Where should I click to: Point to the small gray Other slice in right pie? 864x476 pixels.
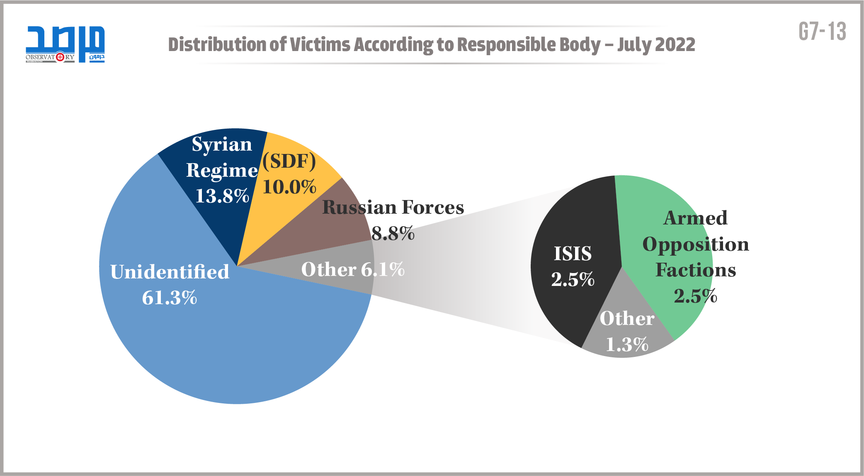(x=626, y=332)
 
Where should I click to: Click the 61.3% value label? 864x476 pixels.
(x=170, y=298)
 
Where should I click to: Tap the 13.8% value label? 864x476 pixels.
(x=222, y=196)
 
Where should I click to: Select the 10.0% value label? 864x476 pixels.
(x=289, y=187)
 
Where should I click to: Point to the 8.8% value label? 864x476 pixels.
(x=393, y=234)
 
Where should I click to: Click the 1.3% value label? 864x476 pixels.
(x=627, y=344)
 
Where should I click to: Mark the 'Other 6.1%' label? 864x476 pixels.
(x=353, y=269)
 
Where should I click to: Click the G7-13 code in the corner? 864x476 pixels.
(x=822, y=32)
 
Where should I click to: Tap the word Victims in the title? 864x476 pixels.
(x=320, y=44)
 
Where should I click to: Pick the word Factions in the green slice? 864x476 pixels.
(x=696, y=270)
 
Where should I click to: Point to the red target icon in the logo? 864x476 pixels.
(x=60, y=57)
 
